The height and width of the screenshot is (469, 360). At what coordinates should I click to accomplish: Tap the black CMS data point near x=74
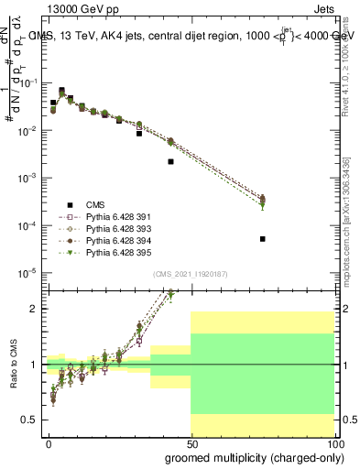pyautogui.click(x=263, y=239)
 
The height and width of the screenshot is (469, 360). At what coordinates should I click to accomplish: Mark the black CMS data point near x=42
pyautogui.click(x=171, y=161)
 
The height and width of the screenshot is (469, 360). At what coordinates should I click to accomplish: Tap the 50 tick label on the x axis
pyautogui.click(x=191, y=444)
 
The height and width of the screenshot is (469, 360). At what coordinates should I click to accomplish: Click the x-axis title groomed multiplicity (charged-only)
pyautogui.click(x=250, y=457)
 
